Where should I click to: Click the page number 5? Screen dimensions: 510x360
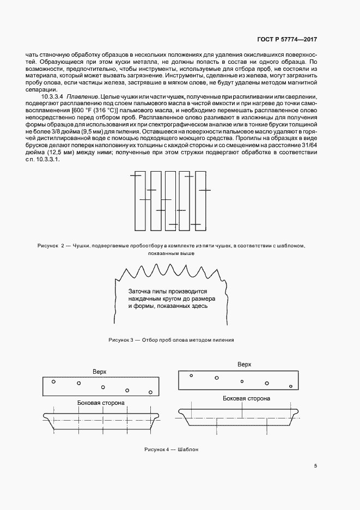coord(316,466)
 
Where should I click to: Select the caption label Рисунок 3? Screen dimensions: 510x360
coord(121,339)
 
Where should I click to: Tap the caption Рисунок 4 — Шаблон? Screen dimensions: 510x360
coord(172,450)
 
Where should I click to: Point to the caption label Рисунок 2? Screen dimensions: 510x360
coord(51,246)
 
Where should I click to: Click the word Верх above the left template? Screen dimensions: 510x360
coord(99,371)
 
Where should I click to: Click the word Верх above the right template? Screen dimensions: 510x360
coord(244,364)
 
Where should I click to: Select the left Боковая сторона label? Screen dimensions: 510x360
coord(101,403)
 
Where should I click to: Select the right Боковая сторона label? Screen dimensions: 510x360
coord(247,398)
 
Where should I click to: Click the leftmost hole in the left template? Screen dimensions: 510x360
coord(53,381)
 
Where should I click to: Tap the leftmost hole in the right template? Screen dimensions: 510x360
coord(191,375)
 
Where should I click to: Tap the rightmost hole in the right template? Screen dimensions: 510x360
coord(291,386)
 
